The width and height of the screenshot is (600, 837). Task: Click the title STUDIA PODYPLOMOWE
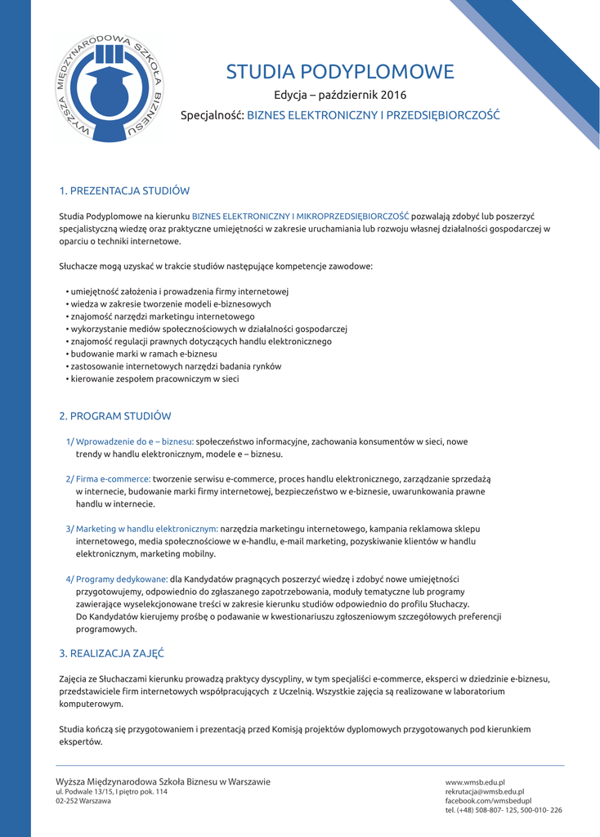[339, 72]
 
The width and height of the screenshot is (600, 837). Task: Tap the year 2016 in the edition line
[392, 96]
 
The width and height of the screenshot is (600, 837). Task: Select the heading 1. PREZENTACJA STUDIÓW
[124, 191]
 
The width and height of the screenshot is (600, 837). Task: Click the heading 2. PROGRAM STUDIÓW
[115, 416]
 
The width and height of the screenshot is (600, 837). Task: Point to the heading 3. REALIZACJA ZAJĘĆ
[112, 654]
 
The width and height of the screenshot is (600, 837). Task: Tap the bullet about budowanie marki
[144, 354]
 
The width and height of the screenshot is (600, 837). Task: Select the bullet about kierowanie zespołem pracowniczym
[154, 379]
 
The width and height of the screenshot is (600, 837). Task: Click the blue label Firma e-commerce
[108, 479]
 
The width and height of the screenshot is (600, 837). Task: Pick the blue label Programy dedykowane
[117, 579]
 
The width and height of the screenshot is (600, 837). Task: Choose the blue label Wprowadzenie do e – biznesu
[129, 441]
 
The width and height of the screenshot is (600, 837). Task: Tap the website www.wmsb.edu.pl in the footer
[475, 782]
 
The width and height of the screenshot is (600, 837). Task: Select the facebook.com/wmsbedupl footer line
[488, 801]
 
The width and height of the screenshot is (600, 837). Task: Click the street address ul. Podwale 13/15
[111, 792]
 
